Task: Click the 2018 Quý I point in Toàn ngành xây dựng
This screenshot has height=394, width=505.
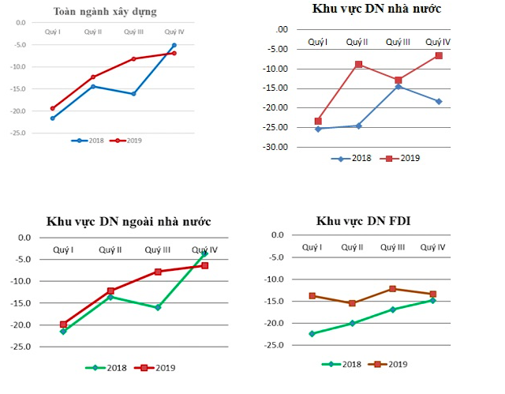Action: (x=53, y=118)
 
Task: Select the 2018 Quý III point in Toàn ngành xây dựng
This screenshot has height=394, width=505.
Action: (x=133, y=94)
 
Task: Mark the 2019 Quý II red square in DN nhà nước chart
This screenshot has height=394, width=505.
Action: (x=358, y=65)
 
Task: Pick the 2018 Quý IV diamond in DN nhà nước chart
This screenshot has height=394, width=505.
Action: (x=438, y=101)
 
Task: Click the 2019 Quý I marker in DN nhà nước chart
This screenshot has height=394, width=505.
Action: (x=318, y=121)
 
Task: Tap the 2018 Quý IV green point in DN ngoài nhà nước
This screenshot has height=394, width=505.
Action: (x=204, y=253)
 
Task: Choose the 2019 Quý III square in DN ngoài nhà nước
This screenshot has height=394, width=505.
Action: (x=158, y=272)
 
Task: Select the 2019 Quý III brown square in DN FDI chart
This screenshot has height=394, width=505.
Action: (x=392, y=289)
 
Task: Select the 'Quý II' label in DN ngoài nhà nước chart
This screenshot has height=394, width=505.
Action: (x=110, y=250)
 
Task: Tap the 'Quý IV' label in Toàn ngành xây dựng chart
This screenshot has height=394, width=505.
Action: (x=174, y=32)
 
